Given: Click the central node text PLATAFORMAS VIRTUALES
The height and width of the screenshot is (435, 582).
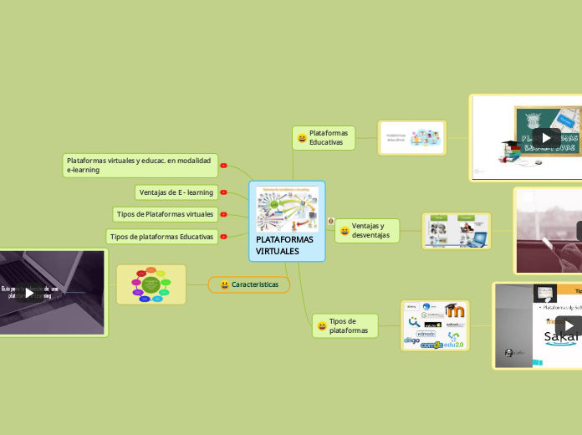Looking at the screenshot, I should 285,245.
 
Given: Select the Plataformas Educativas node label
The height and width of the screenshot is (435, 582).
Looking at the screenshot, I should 329,138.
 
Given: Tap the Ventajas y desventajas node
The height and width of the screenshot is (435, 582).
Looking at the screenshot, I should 370,231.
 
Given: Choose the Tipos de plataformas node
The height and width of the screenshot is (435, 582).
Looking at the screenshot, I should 349,325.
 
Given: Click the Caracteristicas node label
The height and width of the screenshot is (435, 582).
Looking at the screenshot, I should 255,285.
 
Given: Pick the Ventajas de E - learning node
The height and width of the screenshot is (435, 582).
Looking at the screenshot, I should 176,192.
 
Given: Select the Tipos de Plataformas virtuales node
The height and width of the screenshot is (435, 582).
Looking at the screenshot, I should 165,214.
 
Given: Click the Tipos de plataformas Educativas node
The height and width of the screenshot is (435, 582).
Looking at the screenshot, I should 161,237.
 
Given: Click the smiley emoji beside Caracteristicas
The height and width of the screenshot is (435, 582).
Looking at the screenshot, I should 225,285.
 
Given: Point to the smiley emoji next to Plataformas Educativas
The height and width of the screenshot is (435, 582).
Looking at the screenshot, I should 302,138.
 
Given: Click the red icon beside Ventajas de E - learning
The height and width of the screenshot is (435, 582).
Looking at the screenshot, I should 223,192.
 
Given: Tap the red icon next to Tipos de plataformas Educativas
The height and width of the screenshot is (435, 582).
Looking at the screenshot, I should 223,237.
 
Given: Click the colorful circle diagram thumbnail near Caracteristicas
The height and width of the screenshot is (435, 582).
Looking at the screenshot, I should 151,284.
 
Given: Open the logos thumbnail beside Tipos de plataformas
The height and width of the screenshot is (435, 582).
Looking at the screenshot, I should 435,325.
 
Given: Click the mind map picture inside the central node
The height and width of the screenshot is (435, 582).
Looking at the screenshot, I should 287,209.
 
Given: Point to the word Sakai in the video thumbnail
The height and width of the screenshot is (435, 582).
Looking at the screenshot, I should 561,338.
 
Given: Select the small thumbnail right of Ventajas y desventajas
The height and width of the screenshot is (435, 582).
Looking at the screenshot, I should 456,231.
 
